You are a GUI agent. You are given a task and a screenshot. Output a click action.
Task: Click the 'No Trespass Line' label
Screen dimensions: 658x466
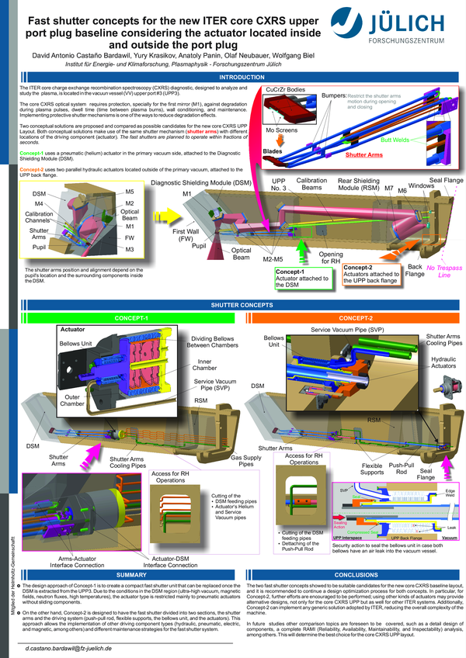pos(443,271)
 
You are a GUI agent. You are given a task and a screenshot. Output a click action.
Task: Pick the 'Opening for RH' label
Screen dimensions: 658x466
pos(331,257)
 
